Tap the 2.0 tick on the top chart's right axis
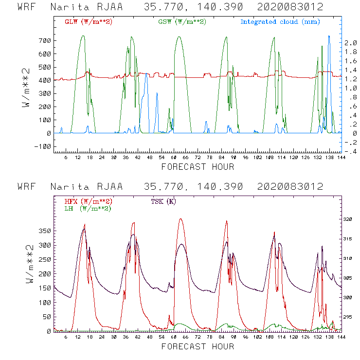351,43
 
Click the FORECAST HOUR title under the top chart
198,167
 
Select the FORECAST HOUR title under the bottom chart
198,346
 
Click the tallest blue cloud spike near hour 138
329,36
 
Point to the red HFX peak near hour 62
181,219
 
